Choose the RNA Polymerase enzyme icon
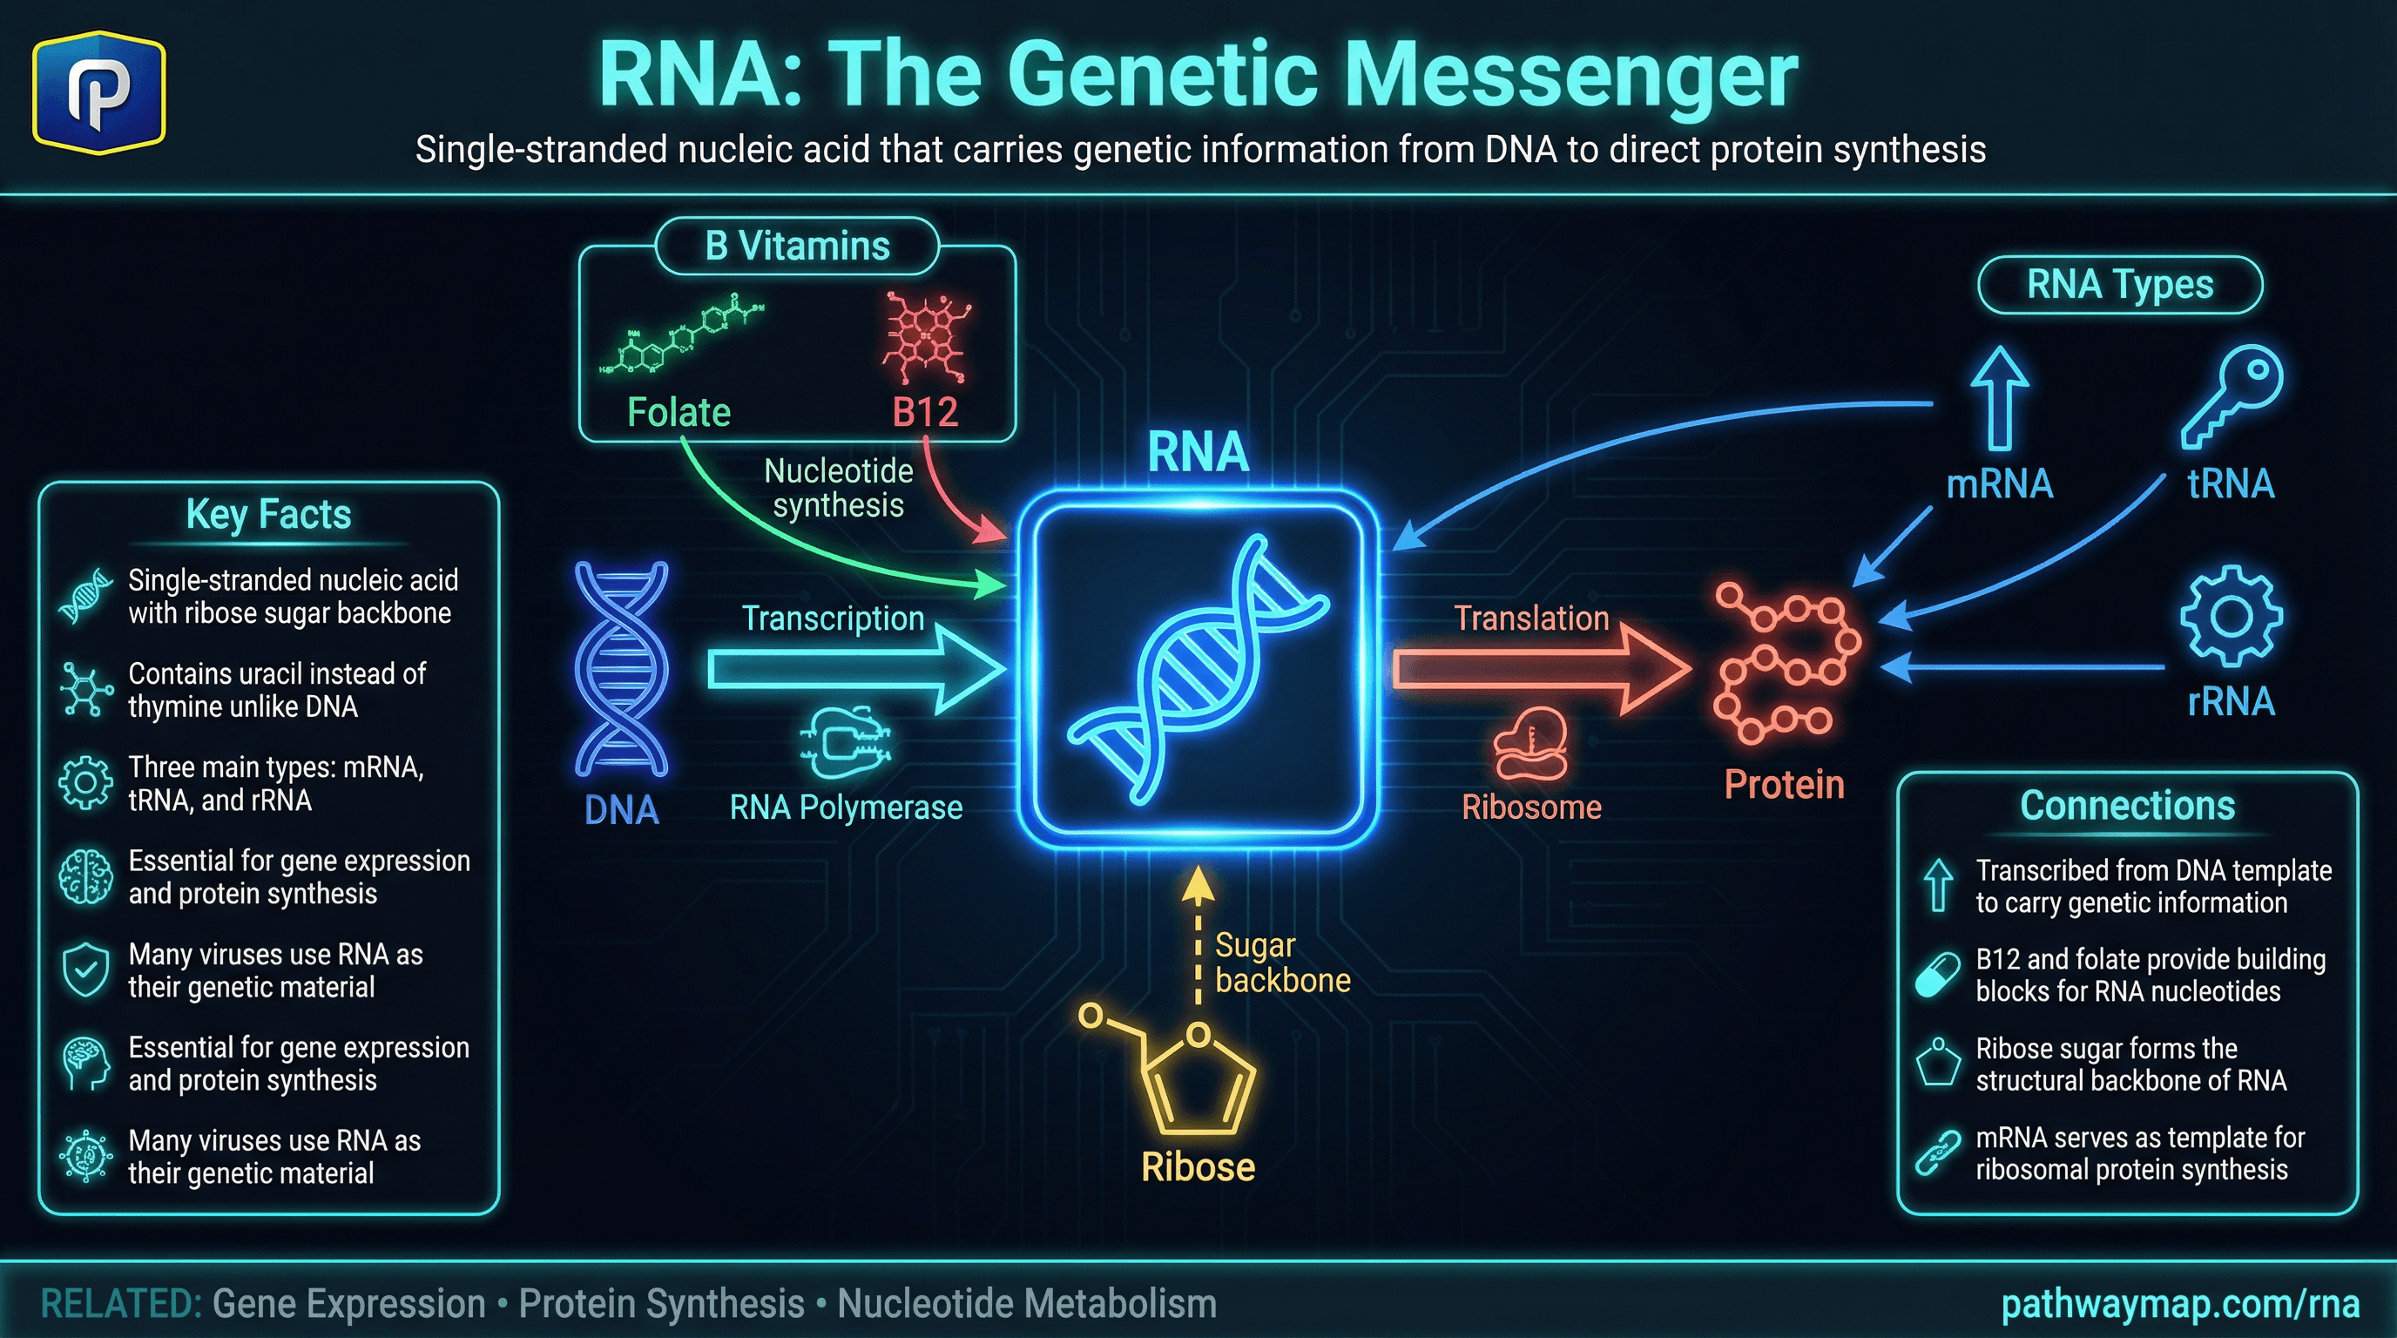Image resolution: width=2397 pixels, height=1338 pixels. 845,741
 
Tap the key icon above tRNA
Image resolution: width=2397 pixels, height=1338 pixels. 2231,395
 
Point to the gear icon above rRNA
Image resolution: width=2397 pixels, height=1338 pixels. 2231,615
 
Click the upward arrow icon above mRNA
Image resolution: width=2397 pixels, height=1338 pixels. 1999,397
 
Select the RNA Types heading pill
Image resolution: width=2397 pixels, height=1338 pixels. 2120,285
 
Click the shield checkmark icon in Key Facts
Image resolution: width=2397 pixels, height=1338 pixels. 85,970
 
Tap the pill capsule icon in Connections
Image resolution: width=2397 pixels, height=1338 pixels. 1938,975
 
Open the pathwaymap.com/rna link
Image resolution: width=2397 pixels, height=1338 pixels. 2179,1303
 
